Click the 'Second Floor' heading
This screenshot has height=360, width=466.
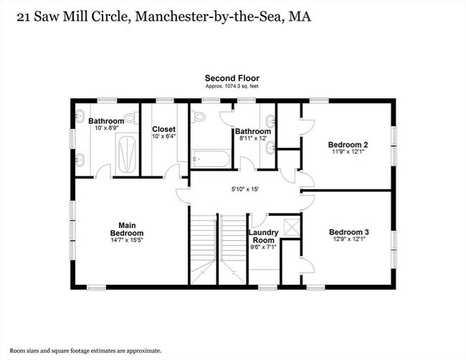[x=232, y=78]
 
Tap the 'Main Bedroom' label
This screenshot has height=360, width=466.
[x=126, y=229]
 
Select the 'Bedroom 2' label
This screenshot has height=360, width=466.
[x=348, y=142]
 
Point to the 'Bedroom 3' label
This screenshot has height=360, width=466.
[x=348, y=232]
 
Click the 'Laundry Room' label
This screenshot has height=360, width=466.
[x=262, y=237]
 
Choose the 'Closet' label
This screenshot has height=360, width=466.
[x=163, y=129]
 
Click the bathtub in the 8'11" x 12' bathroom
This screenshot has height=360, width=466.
[x=211, y=158]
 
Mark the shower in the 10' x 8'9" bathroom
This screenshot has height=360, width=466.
[x=126, y=153]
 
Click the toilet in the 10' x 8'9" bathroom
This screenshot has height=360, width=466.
[x=130, y=118]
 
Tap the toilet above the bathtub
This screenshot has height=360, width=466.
[x=199, y=115]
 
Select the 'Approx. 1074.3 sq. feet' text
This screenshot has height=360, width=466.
[x=232, y=86]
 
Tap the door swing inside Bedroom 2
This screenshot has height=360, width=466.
[x=308, y=124]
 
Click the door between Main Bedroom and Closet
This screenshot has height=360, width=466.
[x=172, y=172]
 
